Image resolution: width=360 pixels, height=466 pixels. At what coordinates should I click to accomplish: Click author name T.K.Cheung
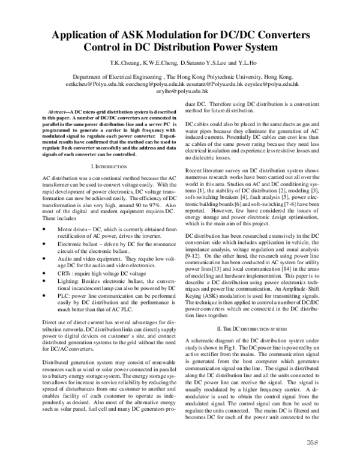pyautogui.click(x=123, y=62)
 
